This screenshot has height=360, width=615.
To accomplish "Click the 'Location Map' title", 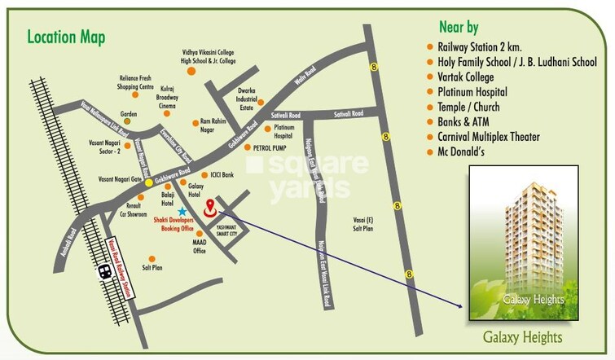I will [x=66, y=37].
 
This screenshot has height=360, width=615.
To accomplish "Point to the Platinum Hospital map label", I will [x=283, y=132].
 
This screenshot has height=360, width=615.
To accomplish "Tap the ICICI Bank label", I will [x=221, y=174].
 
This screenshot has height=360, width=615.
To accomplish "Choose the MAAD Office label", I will [x=199, y=247].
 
